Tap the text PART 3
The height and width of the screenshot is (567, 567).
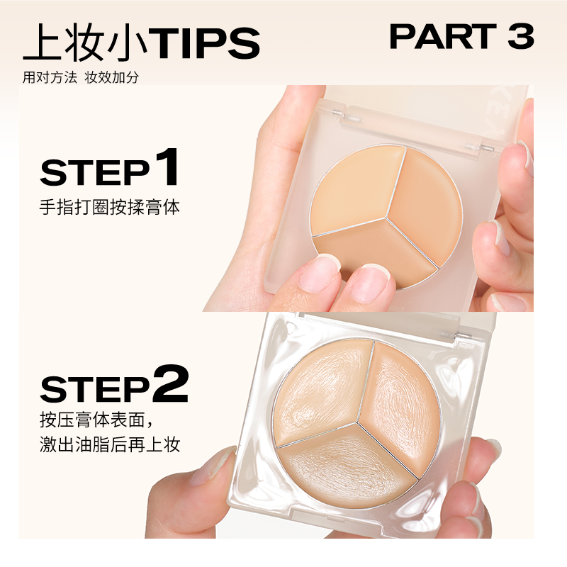tap(461, 38)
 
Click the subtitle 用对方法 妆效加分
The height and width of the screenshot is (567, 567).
tap(80, 78)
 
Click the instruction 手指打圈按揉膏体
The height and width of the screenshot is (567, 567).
tap(110, 208)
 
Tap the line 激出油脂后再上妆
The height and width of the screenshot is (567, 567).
tap(110, 445)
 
